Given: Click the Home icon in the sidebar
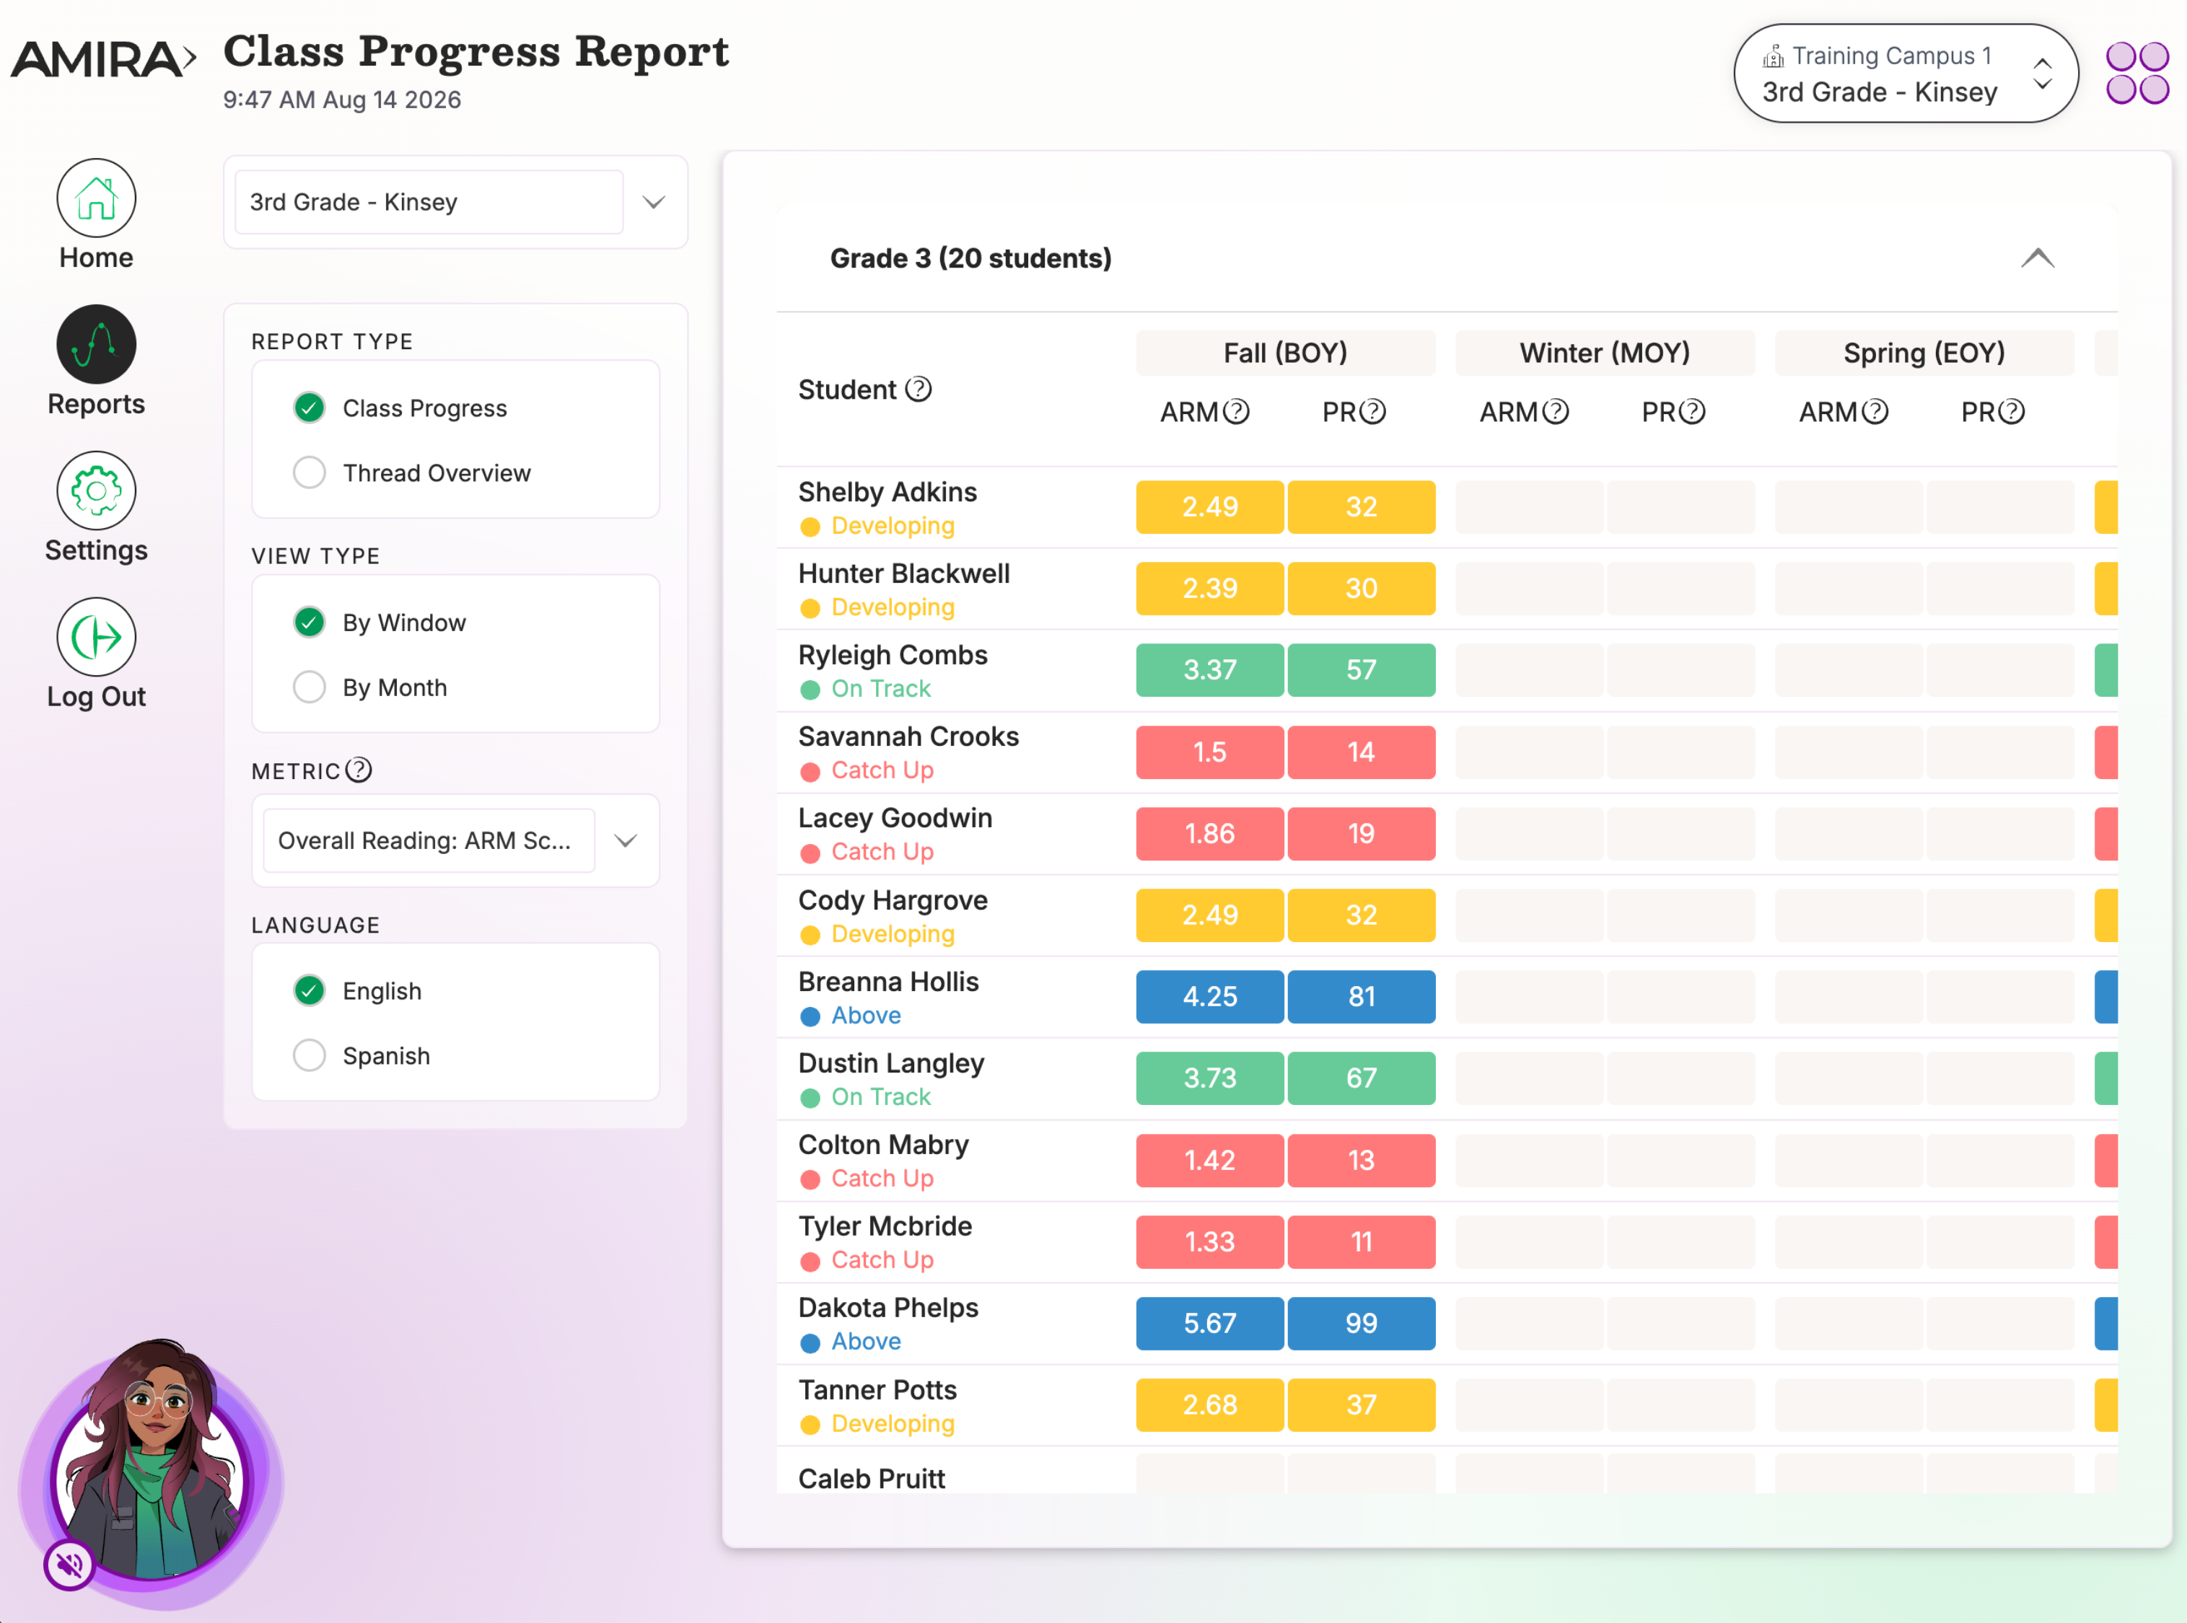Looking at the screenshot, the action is (95, 198).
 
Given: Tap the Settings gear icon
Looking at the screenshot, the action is (95, 491).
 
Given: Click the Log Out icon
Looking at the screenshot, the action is (95, 637).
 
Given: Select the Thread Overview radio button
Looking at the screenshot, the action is (310, 472).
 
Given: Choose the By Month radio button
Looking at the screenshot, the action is (310, 687).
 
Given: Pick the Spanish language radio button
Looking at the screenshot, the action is (310, 1055).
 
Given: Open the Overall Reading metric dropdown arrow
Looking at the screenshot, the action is (626, 840).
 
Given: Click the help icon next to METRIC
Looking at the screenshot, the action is (359, 770).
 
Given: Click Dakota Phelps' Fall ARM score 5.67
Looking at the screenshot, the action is (1209, 1324).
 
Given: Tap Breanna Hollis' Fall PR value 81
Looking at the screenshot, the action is (1361, 996).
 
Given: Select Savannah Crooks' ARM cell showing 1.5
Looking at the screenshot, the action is (1209, 752).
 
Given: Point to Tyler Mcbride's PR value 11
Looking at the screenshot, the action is (1361, 1242).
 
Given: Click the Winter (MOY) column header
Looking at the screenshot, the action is (1605, 353).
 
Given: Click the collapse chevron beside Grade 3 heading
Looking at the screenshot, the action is (2038, 258).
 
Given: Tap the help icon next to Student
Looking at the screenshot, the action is (919, 389).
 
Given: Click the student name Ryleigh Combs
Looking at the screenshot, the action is (892, 655).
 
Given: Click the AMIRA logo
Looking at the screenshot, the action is (103, 59).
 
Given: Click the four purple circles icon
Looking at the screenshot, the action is (2137, 73).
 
